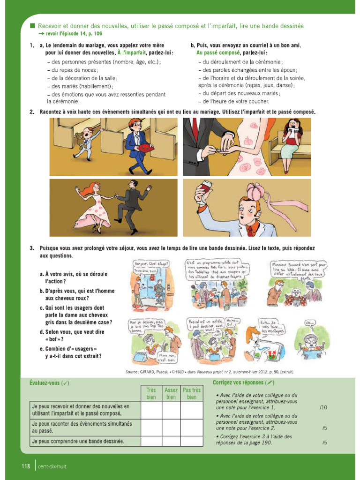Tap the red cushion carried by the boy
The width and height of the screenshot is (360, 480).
coord(142,149)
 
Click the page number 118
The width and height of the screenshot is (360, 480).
coord(25,466)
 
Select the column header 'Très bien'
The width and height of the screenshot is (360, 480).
coord(151,393)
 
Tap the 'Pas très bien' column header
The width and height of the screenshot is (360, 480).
coord(191,393)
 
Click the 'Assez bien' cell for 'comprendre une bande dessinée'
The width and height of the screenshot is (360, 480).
coord(171,441)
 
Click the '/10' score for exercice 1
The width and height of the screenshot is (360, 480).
coord(323,407)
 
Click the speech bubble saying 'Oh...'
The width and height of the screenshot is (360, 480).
coord(310,323)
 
